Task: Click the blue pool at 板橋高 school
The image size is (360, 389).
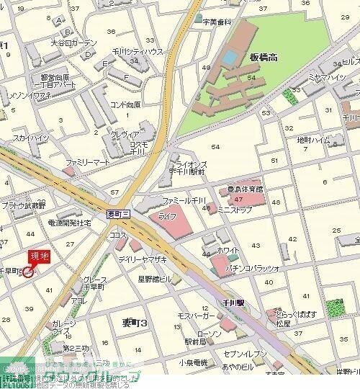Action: pyautogui.click(x=229, y=55)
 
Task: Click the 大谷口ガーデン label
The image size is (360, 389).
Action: pyautogui.click(x=73, y=43)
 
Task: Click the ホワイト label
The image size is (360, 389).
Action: pyautogui.click(x=228, y=250)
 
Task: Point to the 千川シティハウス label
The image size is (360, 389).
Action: pyautogui.click(x=136, y=52)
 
